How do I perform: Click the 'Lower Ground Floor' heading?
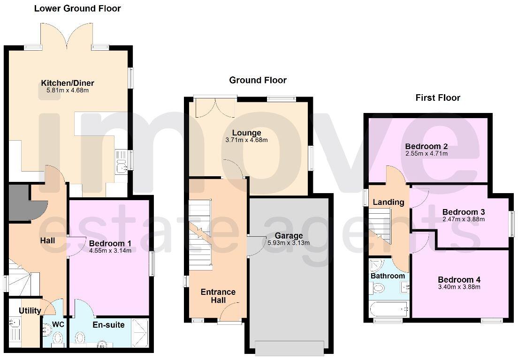click(x=77, y=8)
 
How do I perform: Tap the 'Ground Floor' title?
click(x=258, y=80)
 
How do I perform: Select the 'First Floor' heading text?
click(x=438, y=97)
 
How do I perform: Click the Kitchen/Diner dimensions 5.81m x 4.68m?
click(x=64, y=90)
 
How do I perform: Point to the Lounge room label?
click(x=246, y=133)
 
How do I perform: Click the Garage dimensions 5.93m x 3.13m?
click(x=289, y=243)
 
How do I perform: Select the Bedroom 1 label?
click(x=110, y=243)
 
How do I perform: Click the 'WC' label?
click(x=58, y=324)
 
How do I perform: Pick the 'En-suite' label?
click(x=108, y=324)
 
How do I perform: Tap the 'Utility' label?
click(x=30, y=311)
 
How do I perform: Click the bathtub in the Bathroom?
click(x=388, y=309)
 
